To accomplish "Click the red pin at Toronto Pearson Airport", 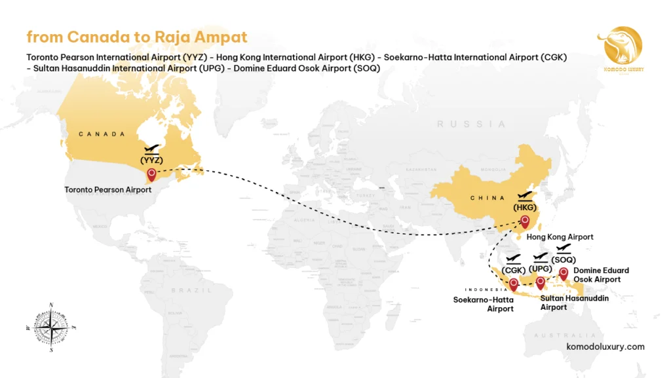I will coord(152,174).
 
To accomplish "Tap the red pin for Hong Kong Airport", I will coord(524,221).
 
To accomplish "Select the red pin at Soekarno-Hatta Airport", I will coord(514,284).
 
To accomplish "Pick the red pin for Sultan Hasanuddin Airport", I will coord(540,282).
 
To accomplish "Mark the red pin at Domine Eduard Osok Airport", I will coord(563,273).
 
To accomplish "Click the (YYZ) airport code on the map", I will coord(151,159).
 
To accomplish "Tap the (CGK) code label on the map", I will coord(514,269).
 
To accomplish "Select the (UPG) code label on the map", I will coord(541,268).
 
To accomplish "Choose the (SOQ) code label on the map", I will coord(564,259).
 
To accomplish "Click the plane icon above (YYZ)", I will coord(152,149).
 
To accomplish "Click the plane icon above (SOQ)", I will coord(564,248).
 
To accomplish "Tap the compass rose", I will coord(50,326).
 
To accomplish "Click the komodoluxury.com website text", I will coord(605,347).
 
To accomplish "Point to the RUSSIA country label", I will coord(472,124).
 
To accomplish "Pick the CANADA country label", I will coord(102,134).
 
